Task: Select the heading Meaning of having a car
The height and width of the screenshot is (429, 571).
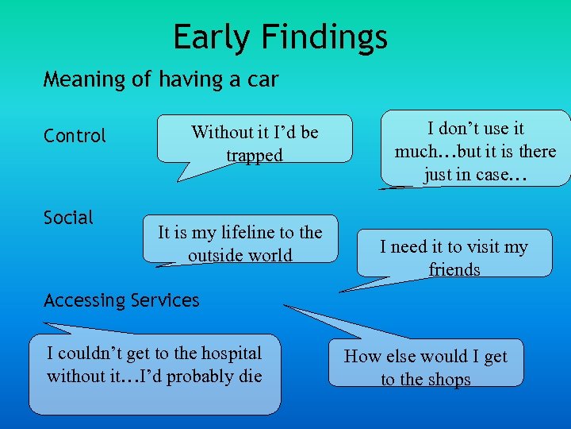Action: pyautogui.click(x=161, y=79)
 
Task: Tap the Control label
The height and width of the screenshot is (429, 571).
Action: pyautogui.click(x=75, y=136)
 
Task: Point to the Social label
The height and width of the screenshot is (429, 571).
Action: pyautogui.click(x=68, y=217)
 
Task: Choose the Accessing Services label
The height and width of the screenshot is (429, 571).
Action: pyautogui.click(x=121, y=300)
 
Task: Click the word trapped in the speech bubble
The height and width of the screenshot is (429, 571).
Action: pyautogui.click(x=254, y=156)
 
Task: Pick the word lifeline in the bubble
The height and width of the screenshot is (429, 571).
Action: pyautogui.click(x=237, y=233)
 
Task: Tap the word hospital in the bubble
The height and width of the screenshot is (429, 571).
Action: pyautogui.click(x=228, y=354)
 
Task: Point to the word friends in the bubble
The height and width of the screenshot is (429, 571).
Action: pyautogui.click(x=454, y=270)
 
